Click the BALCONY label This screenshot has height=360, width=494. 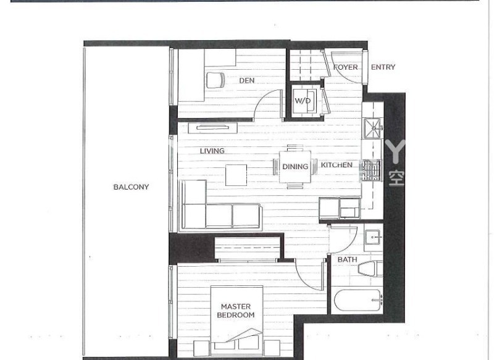coord(131,187)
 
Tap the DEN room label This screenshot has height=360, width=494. coord(248,80)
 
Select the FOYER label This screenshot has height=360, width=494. coord(345,67)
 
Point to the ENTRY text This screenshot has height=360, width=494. coord(383,67)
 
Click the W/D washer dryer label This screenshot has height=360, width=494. coord(302,101)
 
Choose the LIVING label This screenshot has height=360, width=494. coord(212,151)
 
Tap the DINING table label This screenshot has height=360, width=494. coord(295,167)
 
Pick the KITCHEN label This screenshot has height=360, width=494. coord(337,165)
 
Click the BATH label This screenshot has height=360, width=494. coord(347,259)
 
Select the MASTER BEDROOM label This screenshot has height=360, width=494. coord(235,311)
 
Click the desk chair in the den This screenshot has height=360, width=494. coord(216,81)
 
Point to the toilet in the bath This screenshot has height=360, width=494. coord(371,269)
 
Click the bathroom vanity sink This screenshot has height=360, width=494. coord(373,238)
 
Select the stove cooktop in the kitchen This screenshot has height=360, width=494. coord(371,170)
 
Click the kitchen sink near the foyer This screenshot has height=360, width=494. coord(372,128)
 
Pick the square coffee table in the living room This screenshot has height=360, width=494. coord(236,175)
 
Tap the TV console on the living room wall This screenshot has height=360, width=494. coord(213,128)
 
